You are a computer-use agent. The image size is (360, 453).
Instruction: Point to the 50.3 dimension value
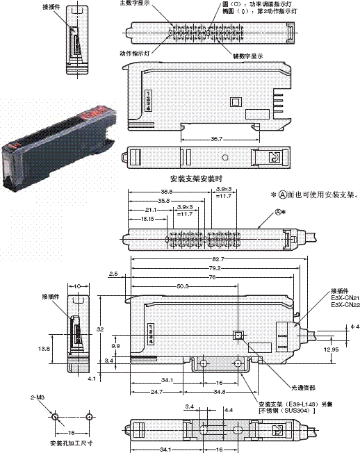point(183,285)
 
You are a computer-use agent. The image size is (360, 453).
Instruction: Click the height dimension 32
point(101,329)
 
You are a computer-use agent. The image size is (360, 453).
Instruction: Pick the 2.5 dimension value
point(113,274)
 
